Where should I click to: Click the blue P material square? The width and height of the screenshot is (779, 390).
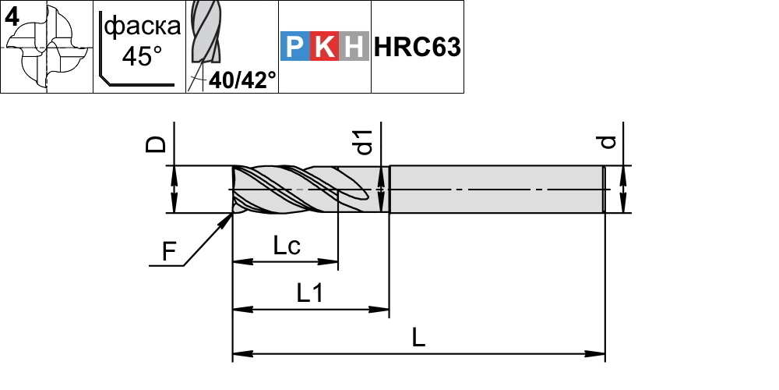(x=295, y=46)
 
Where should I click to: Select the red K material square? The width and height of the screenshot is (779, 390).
(x=324, y=46)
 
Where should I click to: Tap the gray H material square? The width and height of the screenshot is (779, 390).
(x=354, y=46)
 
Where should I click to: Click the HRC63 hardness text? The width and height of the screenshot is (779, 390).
(x=418, y=48)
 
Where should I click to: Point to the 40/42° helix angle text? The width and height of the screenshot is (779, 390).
(x=242, y=80)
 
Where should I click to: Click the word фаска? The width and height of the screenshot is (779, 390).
(x=143, y=26)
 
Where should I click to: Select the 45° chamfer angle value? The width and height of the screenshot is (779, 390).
(x=142, y=56)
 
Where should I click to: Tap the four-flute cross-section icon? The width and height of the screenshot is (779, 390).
(x=47, y=48)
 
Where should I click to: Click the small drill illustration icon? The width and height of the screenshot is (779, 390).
(x=205, y=37)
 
